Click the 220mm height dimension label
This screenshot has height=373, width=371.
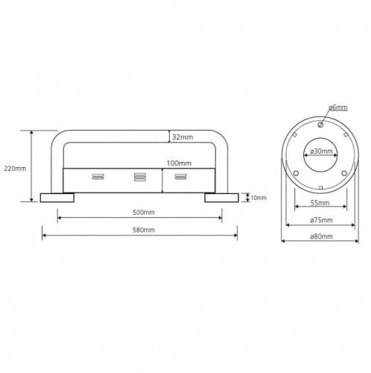click(15, 169)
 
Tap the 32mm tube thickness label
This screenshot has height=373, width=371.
click(183, 137)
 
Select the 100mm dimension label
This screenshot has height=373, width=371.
click(179, 163)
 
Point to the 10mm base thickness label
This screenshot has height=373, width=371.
click(259, 198)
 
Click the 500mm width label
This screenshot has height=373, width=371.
click(144, 213)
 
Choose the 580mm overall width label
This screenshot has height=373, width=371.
click(144, 230)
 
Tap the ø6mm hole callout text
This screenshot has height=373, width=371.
click(338, 107)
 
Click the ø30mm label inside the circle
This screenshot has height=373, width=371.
click(321, 151)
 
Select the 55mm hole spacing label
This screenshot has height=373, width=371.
click(320, 203)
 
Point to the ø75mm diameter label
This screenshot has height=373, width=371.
click(321, 220)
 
